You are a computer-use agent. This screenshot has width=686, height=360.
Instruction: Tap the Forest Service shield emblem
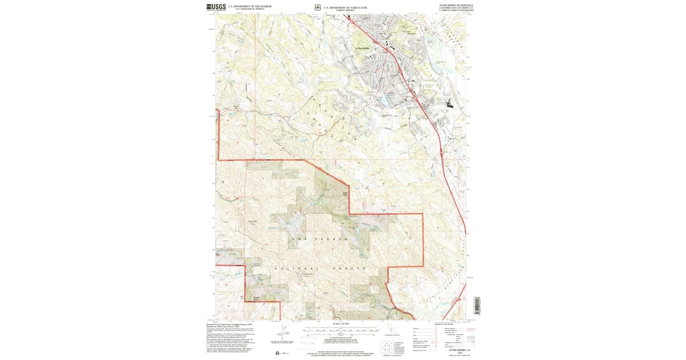[x=317, y=8]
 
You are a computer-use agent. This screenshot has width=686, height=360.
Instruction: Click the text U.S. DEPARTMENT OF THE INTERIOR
[x=250, y=6]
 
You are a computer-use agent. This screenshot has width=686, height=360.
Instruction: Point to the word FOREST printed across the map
[x=349, y=268]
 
